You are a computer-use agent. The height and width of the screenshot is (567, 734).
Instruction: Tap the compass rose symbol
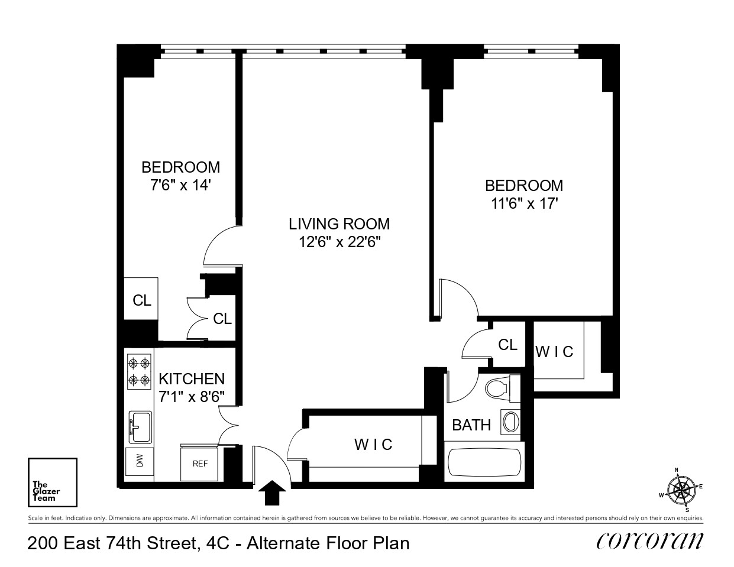point(682,490)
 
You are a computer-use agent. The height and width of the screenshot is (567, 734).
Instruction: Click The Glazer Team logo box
point(53,482)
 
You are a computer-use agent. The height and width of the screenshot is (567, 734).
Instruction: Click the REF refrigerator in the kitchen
point(200,464)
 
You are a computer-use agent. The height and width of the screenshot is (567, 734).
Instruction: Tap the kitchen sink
point(140,426)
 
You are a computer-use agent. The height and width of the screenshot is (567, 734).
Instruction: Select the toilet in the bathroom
point(497,388)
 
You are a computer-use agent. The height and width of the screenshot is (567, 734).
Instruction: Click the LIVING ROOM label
point(339,224)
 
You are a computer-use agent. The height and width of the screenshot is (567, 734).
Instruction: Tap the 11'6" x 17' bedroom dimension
point(523,204)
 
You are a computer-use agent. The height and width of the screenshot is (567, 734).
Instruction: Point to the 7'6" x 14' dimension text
point(180,185)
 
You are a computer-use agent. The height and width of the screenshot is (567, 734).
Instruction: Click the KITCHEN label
point(192,378)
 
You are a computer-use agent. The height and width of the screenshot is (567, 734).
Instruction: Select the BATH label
point(471,425)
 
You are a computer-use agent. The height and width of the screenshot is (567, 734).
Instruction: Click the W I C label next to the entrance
point(373,444)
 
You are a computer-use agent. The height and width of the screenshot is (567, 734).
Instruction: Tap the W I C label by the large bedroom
point(554,352)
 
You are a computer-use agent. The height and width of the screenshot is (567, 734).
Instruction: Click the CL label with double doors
point(222,319)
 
